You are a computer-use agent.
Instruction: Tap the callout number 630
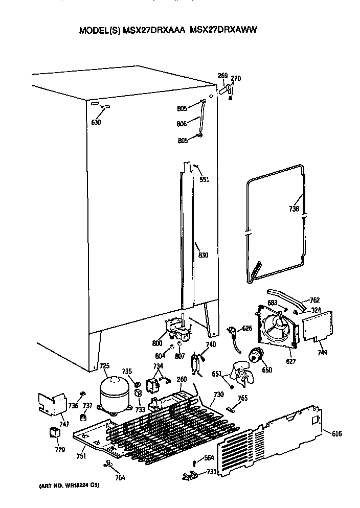tap(96, 122)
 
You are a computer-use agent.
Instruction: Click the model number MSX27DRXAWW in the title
tap(223, 30)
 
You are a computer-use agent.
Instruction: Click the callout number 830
tap(203, 255)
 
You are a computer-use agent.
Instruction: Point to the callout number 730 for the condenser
tap(219, 394)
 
